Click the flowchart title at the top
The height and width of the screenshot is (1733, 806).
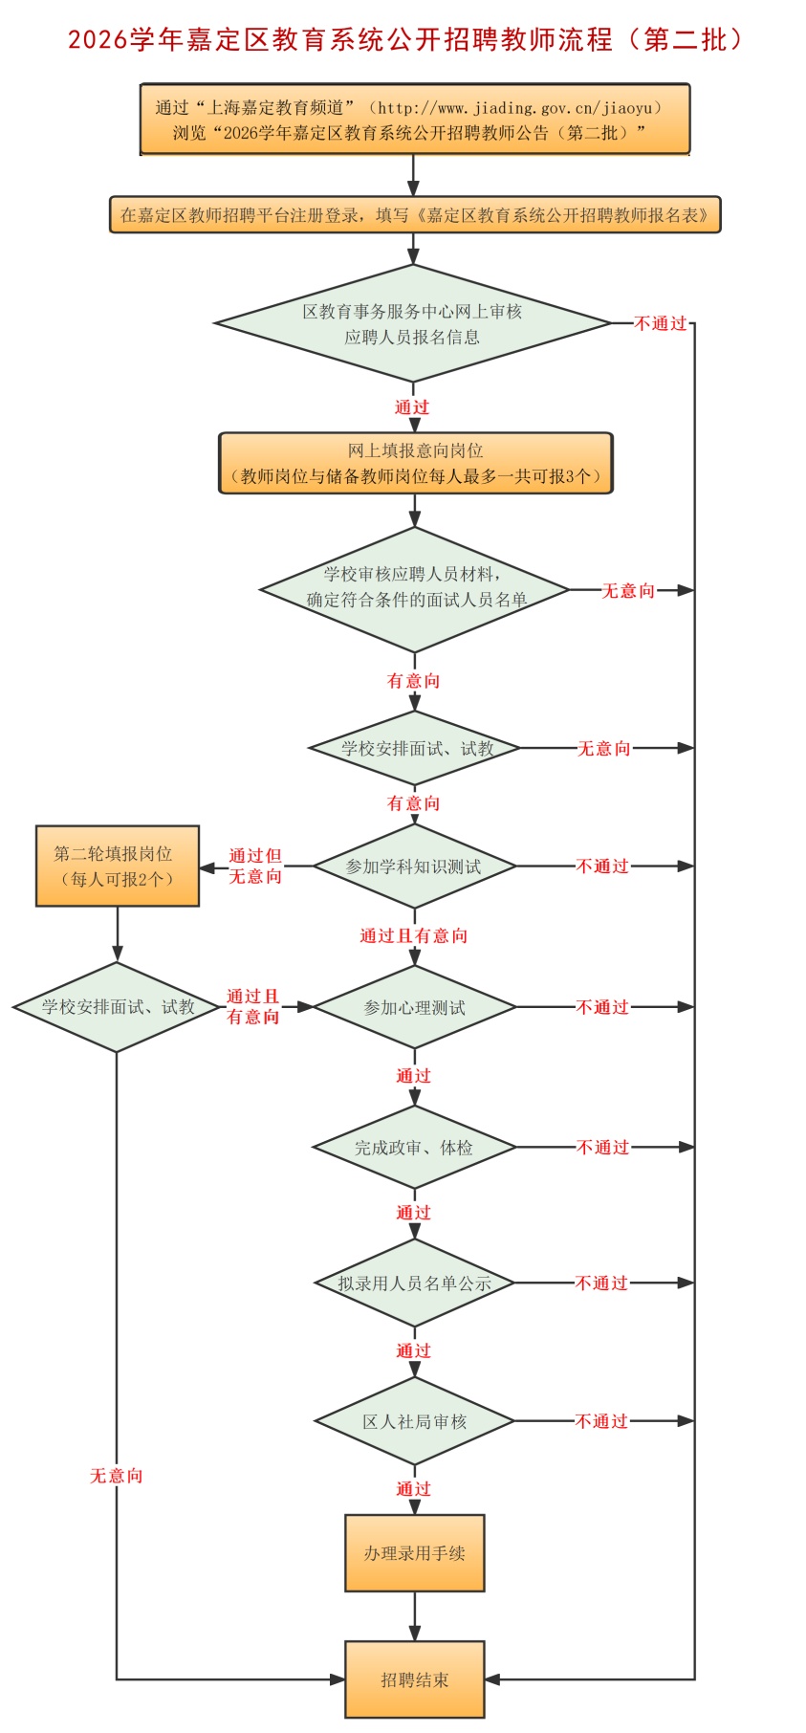tap(403, 39)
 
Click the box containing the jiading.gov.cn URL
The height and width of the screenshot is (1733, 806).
tap(414, 120)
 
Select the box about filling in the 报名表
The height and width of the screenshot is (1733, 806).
tap(414, 215)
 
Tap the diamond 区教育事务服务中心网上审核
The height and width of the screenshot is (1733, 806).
tap(412, 323)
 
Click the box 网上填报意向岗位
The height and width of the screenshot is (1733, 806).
tap(415, 463)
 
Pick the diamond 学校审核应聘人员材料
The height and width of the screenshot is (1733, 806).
tap(415, 588)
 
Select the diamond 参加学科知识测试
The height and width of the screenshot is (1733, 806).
tap(414, 866)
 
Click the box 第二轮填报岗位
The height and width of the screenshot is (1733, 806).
tap(117, 866)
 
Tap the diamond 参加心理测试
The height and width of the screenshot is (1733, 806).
tap(414, 1007)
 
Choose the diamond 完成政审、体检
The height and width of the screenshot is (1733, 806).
tap(414, 1147)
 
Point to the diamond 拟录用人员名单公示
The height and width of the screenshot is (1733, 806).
tap(414, 1283)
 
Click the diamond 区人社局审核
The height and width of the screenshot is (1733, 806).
tap(414, 1421)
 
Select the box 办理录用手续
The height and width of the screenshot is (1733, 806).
tap(414, 1553)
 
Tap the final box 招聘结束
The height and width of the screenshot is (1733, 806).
tap(414, 1679)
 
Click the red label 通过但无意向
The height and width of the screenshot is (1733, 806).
tap(255, 866)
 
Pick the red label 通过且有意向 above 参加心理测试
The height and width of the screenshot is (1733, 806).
tap(413, 935)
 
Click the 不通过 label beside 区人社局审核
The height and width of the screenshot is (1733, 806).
tap(601, 1421)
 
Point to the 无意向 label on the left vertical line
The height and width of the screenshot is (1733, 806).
tap(117, 1476)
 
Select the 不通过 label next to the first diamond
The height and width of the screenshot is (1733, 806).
tap(661, 323)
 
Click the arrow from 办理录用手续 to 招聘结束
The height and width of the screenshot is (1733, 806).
tap(414, 1617)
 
